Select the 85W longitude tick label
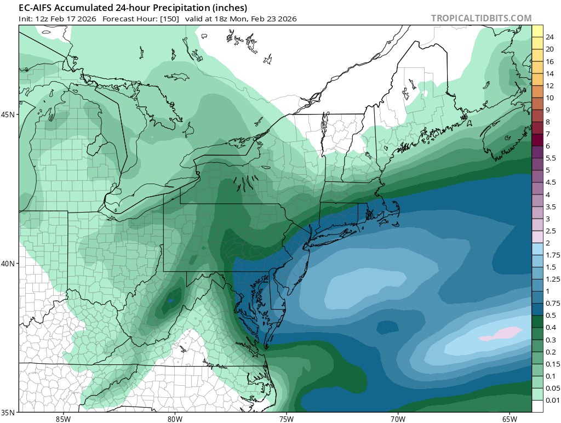click(x=63, y=419)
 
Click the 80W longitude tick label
click(x=175, y=419)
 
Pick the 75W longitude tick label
click(x=286, y=419)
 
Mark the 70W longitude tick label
click(x=398, y=419)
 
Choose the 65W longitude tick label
click(x=509, y=419)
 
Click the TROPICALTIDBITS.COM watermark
click(x=481, y=19)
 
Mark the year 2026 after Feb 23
click(x=287, y=19)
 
